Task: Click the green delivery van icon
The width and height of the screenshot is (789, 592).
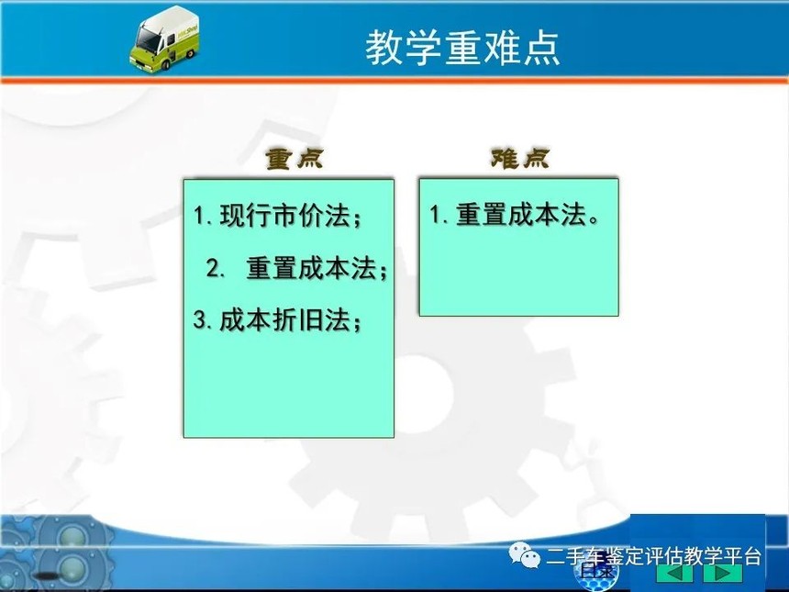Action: (x=164, y=39)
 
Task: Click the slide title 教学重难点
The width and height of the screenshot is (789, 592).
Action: (x=462, y=48)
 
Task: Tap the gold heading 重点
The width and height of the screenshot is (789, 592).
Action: (x=294, y=158)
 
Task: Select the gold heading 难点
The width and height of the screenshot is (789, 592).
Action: (x=520, y=158)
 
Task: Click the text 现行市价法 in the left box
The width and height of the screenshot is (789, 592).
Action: (x=284, y=216)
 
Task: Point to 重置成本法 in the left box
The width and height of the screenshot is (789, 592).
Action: (x=311, y=268)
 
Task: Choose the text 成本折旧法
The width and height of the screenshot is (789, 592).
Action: (x=284, y=319)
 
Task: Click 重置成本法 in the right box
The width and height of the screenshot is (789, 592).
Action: (x=521, y=215)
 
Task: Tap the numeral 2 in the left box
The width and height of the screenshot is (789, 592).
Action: (x=212, y=268)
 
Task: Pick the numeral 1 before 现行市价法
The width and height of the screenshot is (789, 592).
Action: (x=199, y=217)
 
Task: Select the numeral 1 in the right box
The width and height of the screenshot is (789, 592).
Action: (x=435, y=215)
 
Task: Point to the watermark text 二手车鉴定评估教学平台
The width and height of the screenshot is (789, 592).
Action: (x=653, y=557)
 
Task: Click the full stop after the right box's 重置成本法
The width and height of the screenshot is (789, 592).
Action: (x=594, y=220)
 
